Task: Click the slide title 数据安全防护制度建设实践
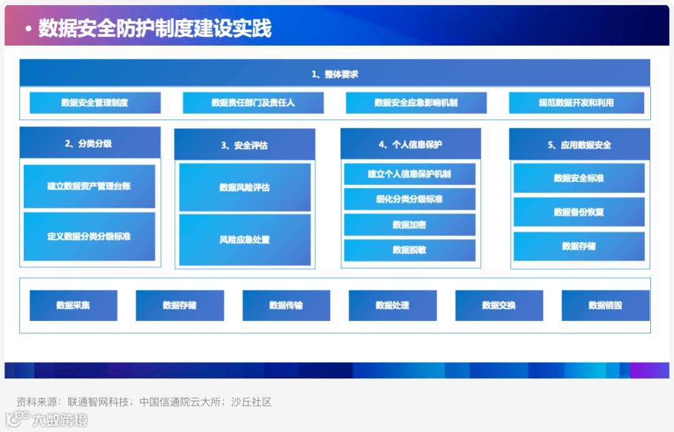tap(155, 28)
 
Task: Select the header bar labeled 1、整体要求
tap(335, 74)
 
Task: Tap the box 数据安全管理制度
tap(95, 102)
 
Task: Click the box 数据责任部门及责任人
tap(253, 102)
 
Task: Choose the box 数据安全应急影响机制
tap(416, 102)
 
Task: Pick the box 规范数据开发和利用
tap(576, 102)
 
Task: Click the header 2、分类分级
tap(89, 143)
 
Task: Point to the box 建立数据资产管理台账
tap(89, 186)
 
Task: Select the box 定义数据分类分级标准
tap(89, 237)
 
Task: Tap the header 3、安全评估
tap(244, 145)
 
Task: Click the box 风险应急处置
tap(245, 240)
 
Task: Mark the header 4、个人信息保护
tap(410, 144)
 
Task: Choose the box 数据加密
tap(409, 225)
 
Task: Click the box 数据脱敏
tap(409, 250)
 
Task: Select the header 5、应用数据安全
tap(579, 145)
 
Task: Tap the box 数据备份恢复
tap(579, 212)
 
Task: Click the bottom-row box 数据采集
tap(73, 305)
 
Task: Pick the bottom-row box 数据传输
tap(286, 305)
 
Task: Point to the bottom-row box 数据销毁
tap(605, 305)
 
